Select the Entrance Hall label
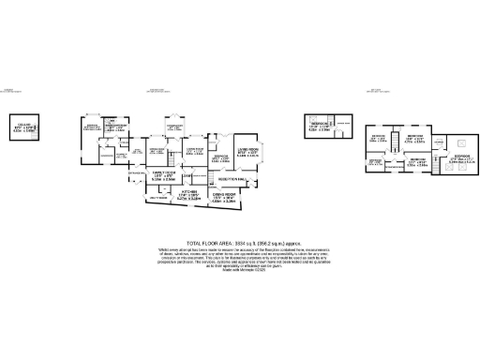click(125, 175)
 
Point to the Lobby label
click(187, 176)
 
